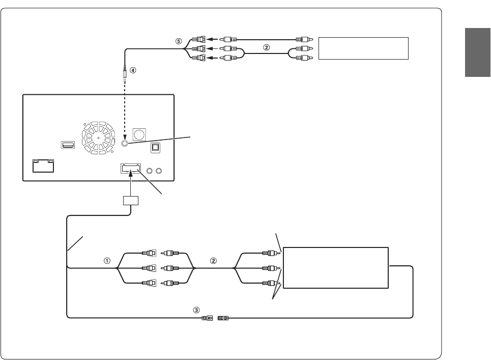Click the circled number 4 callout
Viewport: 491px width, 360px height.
(x=133, y=71)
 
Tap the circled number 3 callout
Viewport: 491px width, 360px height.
(x=196, y=309)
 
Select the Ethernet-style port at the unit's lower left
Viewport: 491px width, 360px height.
(x=44, y=165)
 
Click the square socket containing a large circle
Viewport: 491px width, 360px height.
(x=139, y=134)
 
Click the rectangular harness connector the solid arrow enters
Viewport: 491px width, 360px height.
(x=131, y=169)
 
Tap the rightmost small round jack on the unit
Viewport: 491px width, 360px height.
(x=160, y=171)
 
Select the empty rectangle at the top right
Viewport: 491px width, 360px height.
(x=363, y=48)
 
